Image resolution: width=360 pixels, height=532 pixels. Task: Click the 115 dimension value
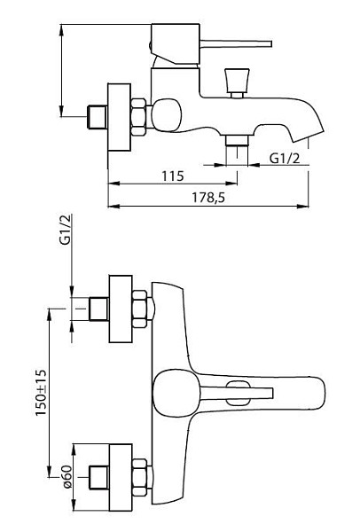172,176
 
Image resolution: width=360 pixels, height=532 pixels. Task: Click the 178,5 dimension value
208,198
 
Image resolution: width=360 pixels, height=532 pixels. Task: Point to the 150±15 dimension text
41,393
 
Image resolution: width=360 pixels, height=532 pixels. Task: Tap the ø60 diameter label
67,477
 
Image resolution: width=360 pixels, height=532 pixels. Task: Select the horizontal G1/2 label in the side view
285,158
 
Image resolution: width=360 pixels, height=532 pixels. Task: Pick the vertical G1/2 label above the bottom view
65,230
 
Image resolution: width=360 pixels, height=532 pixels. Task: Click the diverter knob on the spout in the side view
237,82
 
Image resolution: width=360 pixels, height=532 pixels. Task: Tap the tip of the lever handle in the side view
270,43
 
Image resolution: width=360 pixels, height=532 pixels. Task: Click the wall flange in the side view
119,117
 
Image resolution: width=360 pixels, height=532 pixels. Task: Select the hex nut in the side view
139,116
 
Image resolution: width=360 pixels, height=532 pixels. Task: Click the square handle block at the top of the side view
175,43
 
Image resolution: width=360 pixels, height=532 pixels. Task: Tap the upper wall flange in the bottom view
121,309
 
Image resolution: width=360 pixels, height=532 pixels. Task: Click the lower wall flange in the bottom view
121,477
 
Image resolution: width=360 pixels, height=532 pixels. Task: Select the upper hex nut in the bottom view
140,309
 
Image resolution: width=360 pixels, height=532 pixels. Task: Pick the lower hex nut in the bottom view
140,477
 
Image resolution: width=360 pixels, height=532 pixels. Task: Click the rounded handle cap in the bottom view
176,393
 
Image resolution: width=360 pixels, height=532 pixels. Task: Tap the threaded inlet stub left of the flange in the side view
98,117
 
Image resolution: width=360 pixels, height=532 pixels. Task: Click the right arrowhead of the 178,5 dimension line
302,206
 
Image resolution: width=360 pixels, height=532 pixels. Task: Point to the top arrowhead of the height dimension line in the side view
61,30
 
